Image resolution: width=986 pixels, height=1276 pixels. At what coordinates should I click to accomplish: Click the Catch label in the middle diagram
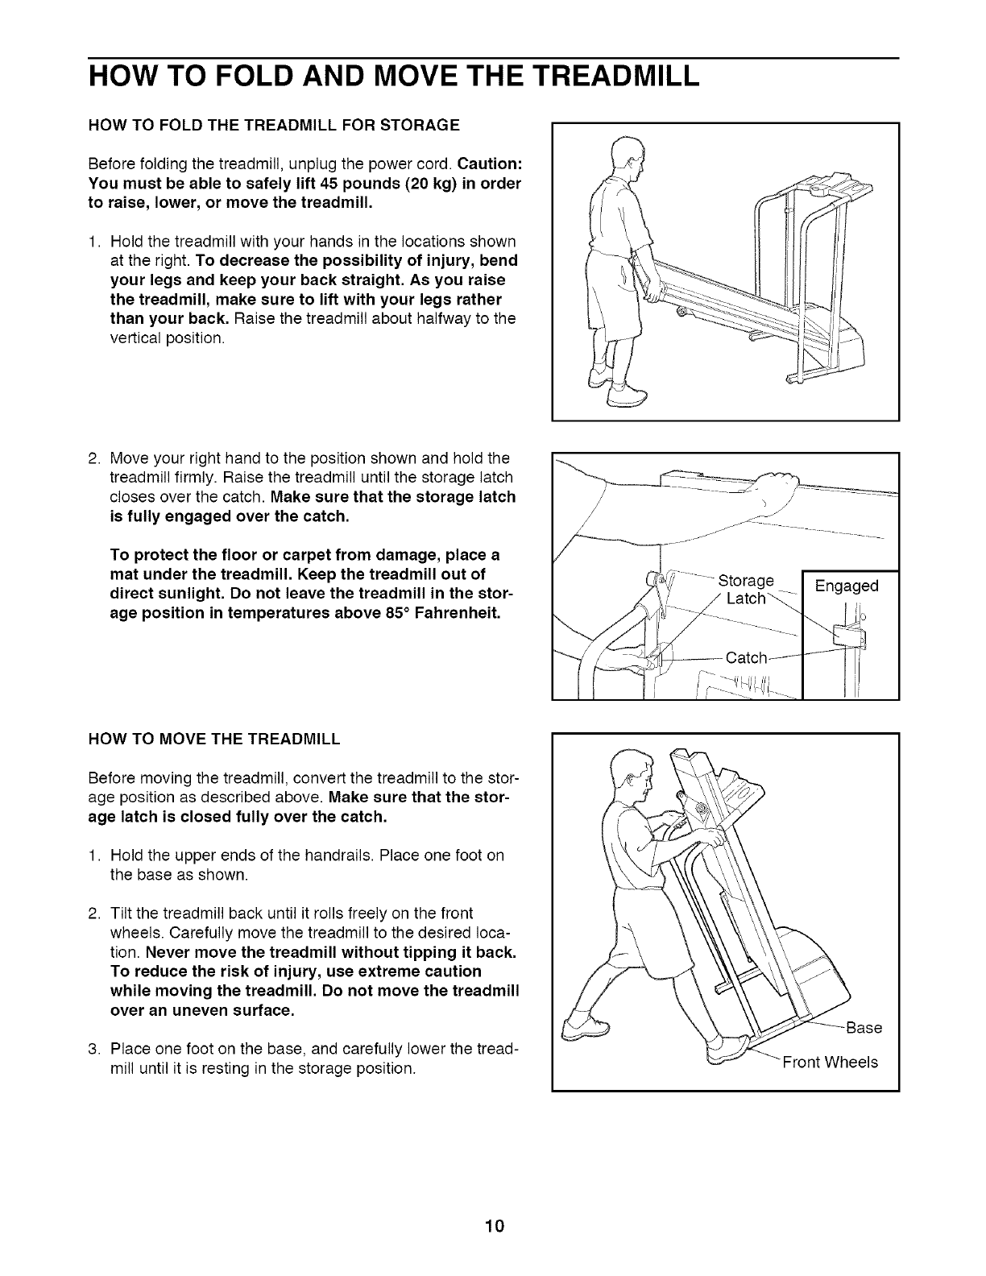coord(747,658)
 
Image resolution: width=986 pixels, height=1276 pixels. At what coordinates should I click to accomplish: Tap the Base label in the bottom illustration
coord(865,1028)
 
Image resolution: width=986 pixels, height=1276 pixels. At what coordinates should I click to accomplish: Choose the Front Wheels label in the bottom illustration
coord(830,1062)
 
